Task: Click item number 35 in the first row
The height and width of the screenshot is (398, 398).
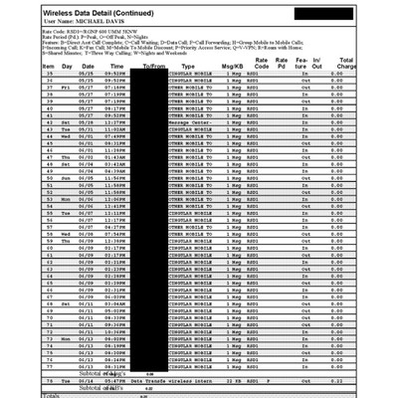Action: (x=49, y=74)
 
